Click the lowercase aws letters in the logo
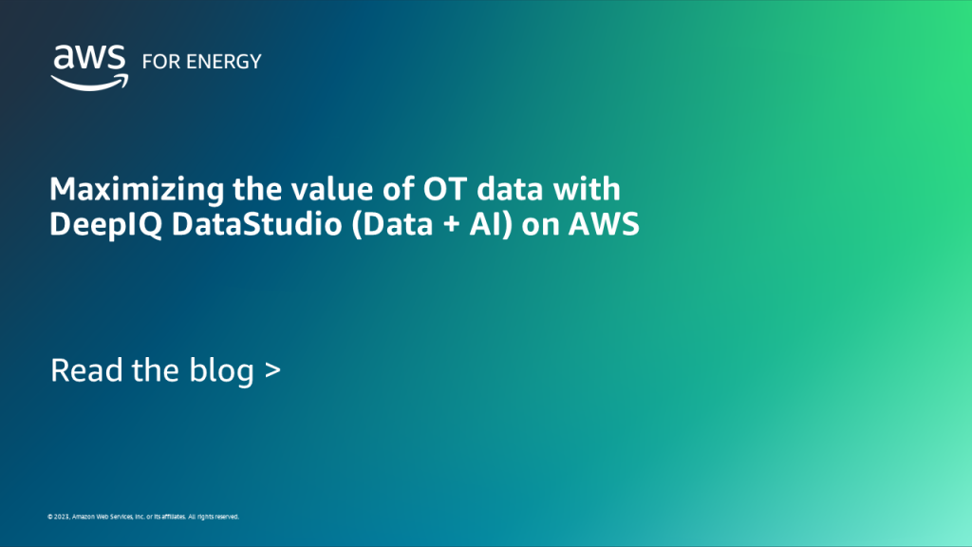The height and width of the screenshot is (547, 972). [89, 58]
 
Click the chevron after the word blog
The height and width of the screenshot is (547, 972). [272, 371]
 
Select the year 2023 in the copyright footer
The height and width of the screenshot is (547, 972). [60, 518]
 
